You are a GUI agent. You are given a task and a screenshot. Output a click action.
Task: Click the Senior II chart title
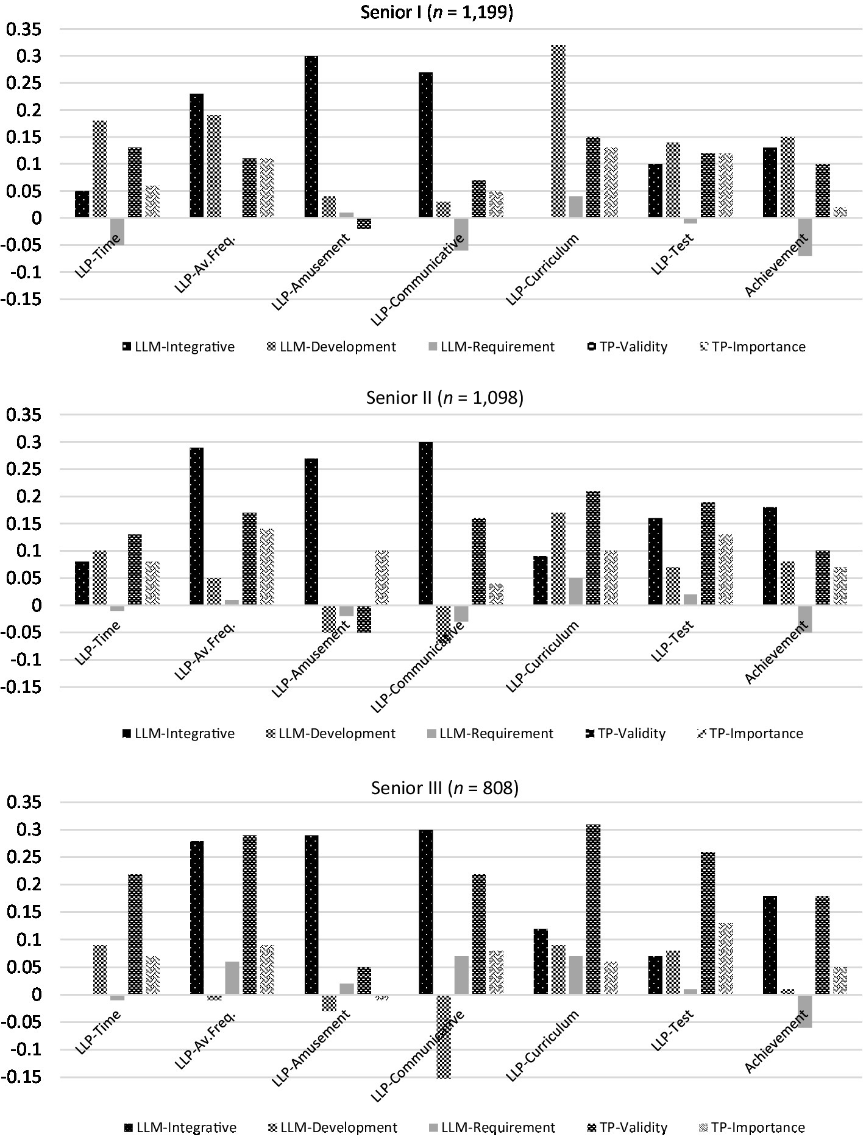click(445, 398)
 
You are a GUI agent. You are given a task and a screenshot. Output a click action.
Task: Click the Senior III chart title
click(445, 788)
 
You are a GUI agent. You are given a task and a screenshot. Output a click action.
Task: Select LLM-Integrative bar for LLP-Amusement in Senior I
click(311, 137)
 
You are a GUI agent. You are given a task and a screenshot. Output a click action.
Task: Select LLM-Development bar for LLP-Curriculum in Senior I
click(558, 131)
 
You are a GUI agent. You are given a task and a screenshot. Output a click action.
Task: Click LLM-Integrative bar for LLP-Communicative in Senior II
click(426, 524)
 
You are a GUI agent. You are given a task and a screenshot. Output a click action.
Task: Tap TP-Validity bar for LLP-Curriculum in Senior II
click(593, 548)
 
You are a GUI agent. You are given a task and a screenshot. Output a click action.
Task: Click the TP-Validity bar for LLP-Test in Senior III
click(708, 923)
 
